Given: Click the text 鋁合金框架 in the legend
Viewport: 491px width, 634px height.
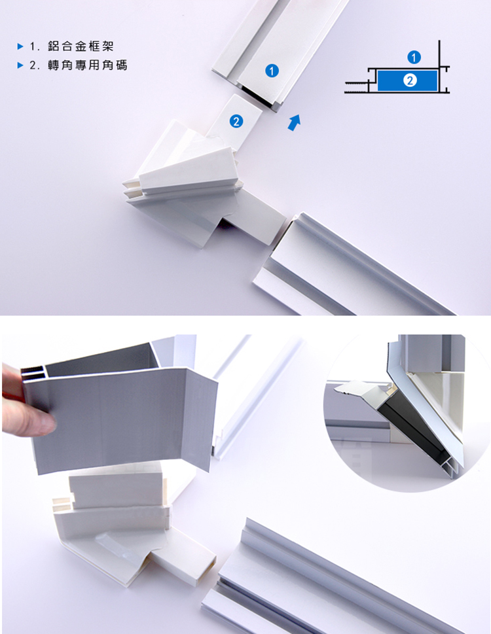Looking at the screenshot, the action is [81, 46].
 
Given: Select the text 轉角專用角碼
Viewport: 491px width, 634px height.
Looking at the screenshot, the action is [87, 65].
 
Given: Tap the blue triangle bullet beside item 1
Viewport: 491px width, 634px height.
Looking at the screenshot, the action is [21, 46].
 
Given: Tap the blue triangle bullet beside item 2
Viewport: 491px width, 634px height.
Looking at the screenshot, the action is [21, 65].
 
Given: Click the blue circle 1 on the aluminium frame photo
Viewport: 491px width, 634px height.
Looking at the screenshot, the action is [272, 71].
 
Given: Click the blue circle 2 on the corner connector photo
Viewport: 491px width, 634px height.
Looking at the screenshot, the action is [236, 121].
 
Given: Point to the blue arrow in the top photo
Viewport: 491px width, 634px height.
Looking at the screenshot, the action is [295, 122].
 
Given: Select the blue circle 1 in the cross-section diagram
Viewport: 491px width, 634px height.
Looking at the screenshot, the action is [414, 58].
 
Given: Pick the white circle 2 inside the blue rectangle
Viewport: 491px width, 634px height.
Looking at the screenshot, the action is [410, 80].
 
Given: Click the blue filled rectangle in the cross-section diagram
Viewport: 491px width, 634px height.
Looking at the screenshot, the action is [407, 80].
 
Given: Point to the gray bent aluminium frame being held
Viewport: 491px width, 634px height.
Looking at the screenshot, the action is [121, 412].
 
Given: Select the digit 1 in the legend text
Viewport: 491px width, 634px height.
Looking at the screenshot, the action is [33, 46].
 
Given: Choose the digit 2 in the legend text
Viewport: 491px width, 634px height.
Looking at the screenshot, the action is [33, 65].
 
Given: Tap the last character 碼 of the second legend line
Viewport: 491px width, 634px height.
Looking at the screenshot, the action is [122, 65].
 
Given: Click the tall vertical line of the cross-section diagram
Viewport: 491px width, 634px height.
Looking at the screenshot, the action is [439, 66].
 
